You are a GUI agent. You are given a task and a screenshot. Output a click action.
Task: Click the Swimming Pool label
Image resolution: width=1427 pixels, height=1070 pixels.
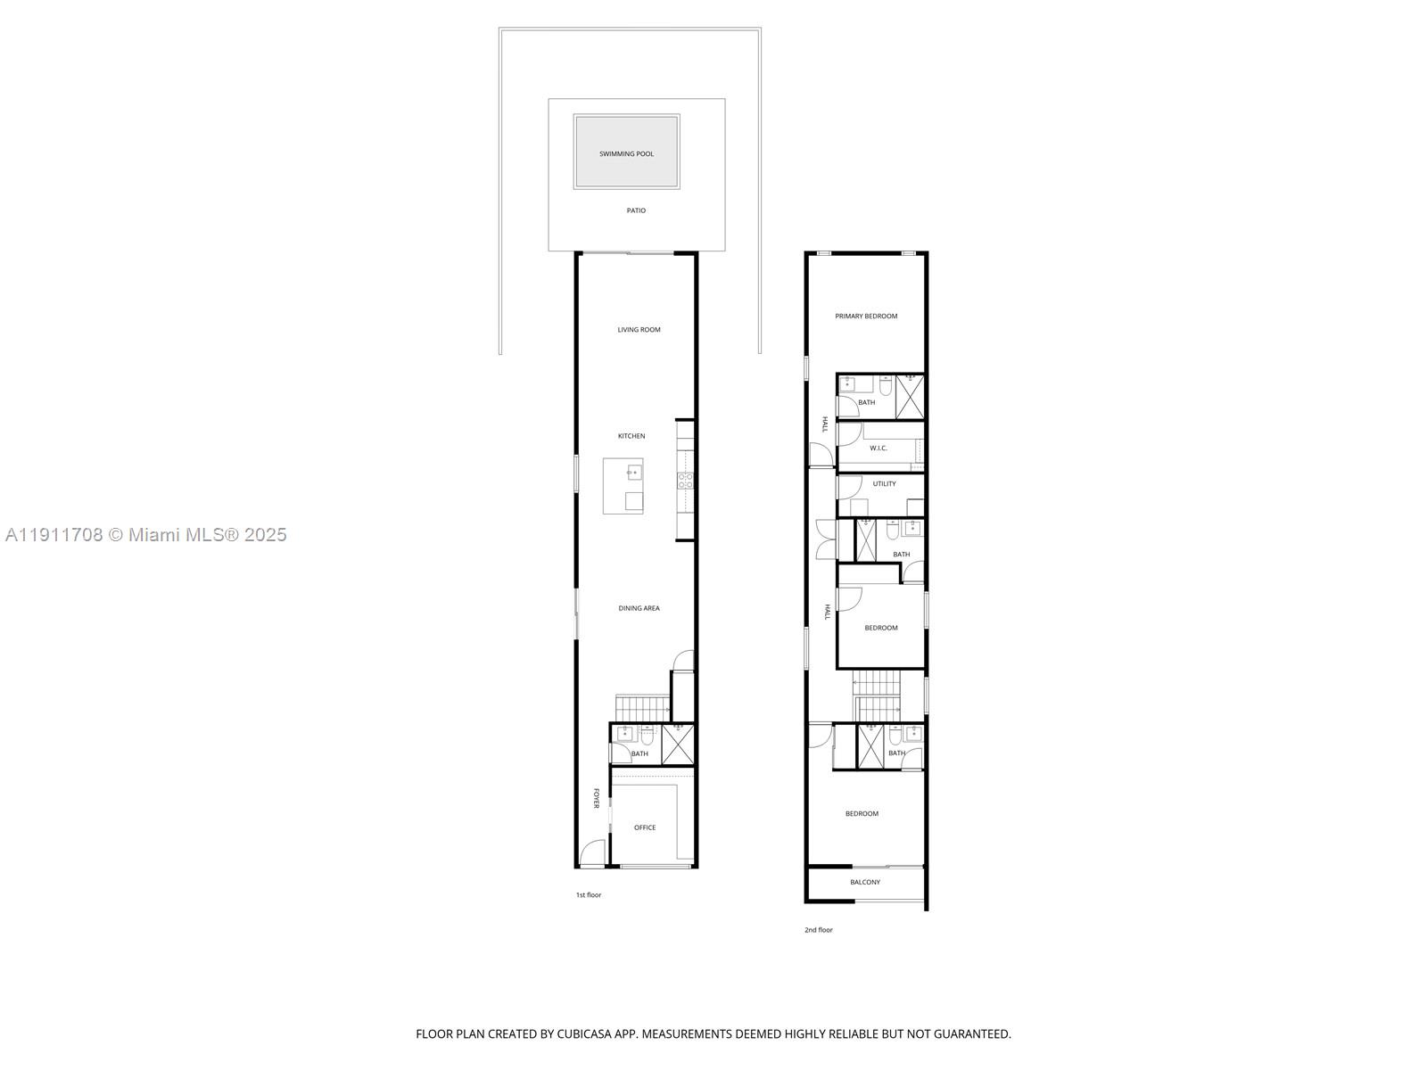pos(626,154)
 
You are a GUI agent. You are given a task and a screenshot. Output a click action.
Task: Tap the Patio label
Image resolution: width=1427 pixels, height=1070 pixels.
pos(636,210)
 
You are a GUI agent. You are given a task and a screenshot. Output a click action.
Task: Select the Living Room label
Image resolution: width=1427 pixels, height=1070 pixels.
pos(639,330)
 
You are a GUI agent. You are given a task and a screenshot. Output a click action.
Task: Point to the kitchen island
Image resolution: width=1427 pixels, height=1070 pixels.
pos(623,486)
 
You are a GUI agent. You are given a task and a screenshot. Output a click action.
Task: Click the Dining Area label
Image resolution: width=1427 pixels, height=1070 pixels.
pos(639,608)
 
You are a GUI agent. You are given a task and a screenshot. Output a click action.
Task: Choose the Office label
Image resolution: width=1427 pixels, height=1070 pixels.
pos(644,827)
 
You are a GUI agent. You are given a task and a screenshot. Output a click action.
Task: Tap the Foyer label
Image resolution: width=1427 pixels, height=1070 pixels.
pos(597,798)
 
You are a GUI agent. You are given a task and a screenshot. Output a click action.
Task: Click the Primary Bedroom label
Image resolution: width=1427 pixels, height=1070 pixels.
pos(865,317)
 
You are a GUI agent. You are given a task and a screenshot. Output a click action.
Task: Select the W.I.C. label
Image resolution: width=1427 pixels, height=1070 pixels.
pos(878,448)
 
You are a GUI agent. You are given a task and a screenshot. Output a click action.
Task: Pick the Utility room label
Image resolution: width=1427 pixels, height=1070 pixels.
pos(884,484)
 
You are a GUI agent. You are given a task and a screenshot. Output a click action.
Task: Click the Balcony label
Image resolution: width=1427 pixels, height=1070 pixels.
pos(864,882)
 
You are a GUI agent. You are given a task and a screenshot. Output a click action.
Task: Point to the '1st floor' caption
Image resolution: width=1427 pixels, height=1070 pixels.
pos(588,894)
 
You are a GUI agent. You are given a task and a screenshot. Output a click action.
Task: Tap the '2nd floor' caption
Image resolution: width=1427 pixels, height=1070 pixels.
pos(818,930)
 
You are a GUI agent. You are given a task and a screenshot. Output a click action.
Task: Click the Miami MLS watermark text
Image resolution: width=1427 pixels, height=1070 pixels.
pos(145,535)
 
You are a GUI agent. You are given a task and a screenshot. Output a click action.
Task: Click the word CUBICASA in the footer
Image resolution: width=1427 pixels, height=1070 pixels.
pos(590,1034)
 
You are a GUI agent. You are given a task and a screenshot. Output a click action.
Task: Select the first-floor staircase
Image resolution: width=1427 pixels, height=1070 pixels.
pos(641,709)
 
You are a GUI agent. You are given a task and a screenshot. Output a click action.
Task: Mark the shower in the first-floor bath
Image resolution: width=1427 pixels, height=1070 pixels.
pos(678,745)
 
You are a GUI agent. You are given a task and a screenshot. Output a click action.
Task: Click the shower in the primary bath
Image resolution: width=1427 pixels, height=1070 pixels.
pos(910,396)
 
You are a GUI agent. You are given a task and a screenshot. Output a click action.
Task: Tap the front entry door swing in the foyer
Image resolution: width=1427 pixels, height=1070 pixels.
pos(591,853)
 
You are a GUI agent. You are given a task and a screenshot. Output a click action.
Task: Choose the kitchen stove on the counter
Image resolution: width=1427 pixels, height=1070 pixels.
pos(685,481)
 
